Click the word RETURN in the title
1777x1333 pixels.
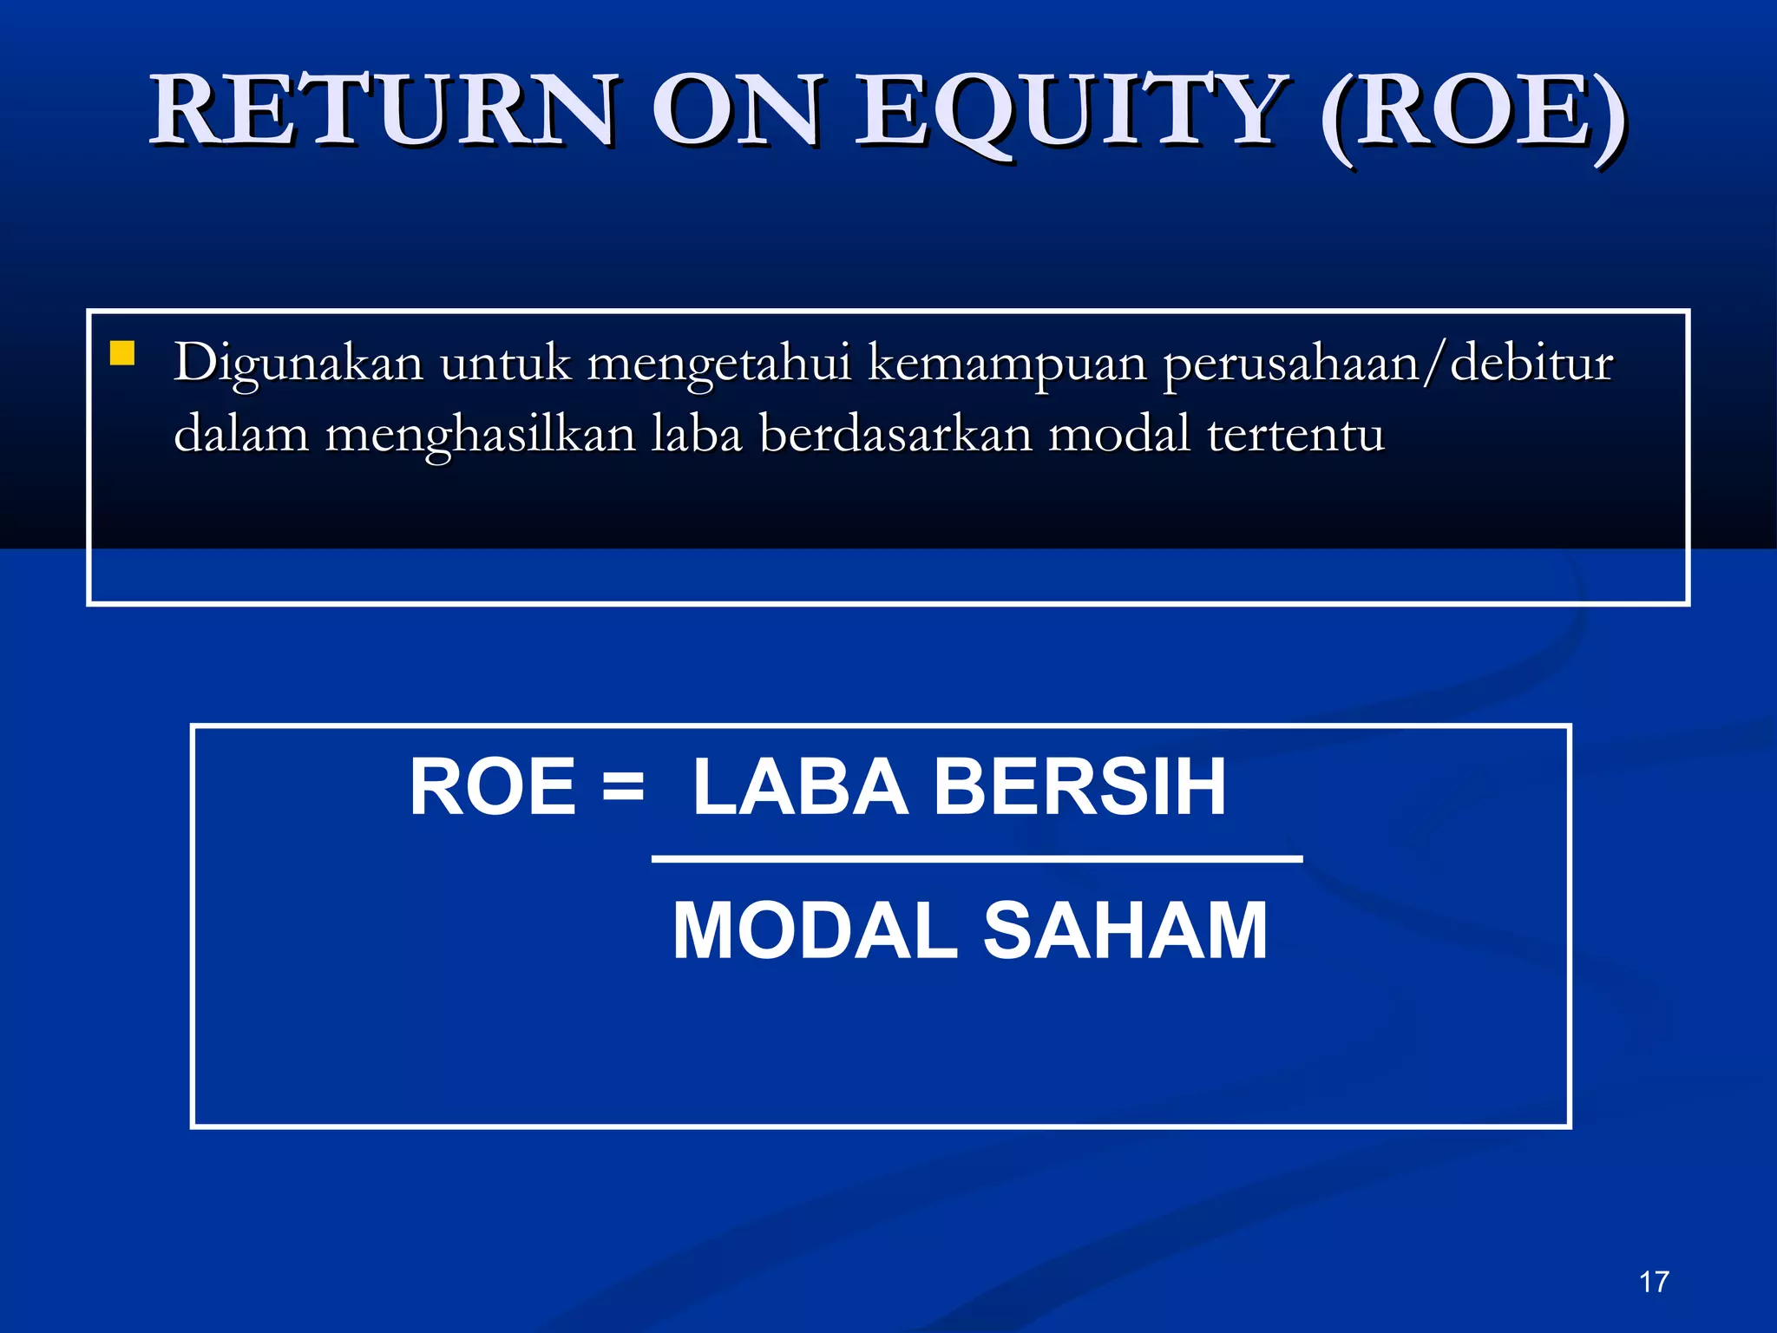pyautogui.click(x=383, y=112)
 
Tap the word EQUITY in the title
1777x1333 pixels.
pyautogui.click(x=1072, y=112)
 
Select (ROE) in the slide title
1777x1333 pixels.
pyautogui.click(x=1472, y=114)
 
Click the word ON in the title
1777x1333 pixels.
pyautogui.click(x=735, y=112)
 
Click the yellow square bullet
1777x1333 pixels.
pyautogui.click(x=122, y=353)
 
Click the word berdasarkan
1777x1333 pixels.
pyautogui.click(x=895, y=434)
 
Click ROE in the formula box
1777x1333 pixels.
pyautogui.click(x=493, y=787)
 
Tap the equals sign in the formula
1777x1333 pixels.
pyautogui.click(x=623, y=788)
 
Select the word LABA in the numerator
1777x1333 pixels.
pyautogui.click(x=800, y=787)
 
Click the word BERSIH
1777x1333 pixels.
pyautogui.click(x=1079, y=787)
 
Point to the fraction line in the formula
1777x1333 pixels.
pyautogui.click(x=977, y=859)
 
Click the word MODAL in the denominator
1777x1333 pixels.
pyautogui.click(x=815, y=931)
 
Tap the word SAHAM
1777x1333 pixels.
pyautogui.click(x=1125, y=931)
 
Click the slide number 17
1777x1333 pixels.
pyautogui.click(x=1654, y=1282)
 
